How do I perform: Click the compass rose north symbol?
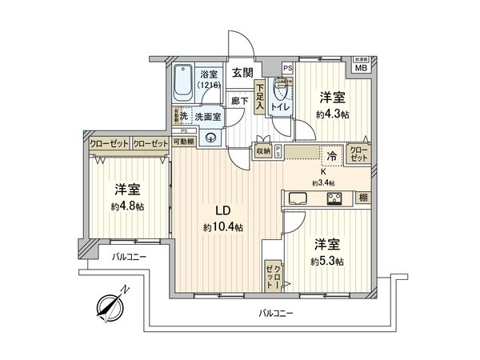point(110,303)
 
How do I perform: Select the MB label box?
point(361,67)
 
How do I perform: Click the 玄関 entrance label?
point(242,72)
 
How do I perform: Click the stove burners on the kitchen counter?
point(334,198)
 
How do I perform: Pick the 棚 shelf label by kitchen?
point(362,198)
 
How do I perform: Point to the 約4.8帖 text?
point(126,206)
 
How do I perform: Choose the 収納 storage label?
point(263,150)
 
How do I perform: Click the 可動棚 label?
point(185,142)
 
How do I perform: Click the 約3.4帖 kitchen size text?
point(324,182)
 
